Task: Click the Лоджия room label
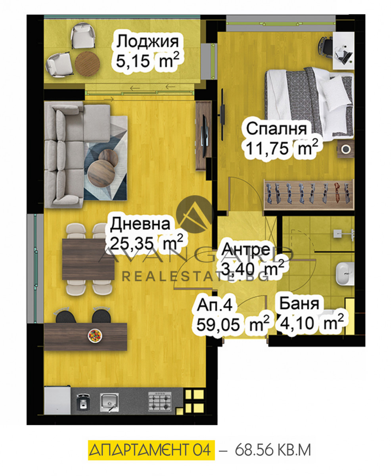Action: click(x=148, y=42)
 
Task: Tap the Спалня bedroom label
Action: click(x=276, y=129)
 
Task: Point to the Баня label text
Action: click(x=299, y=303)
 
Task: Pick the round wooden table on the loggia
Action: click(x=88, y=64)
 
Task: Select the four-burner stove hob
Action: click(x=160, y=401)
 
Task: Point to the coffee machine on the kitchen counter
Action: click(x=83, y=402)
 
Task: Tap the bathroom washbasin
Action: click(x=345, y=274)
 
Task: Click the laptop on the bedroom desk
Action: click(x=343, y=55)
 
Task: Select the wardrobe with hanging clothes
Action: click(x=309, y=195)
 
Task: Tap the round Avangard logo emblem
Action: click(x=195, y=214)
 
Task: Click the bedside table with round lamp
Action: click(x=345, y=149)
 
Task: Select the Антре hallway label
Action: click(x=246, y=249)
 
